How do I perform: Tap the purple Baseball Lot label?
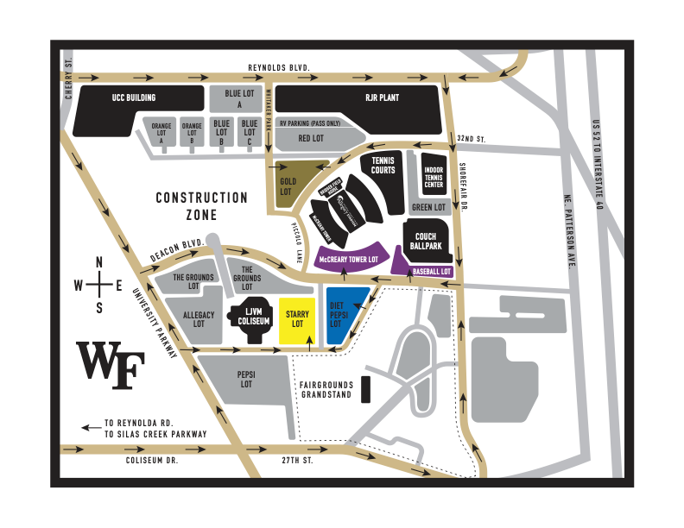click(432, 271)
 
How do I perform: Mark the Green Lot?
click(428, 207)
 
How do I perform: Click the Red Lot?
click(311, 137)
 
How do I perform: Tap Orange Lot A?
click(161, 132)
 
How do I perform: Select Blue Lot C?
click(250, 130)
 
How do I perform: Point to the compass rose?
click(99, 285)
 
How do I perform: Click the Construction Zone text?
click(201, 205)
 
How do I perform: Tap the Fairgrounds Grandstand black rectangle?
click(365, 388)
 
